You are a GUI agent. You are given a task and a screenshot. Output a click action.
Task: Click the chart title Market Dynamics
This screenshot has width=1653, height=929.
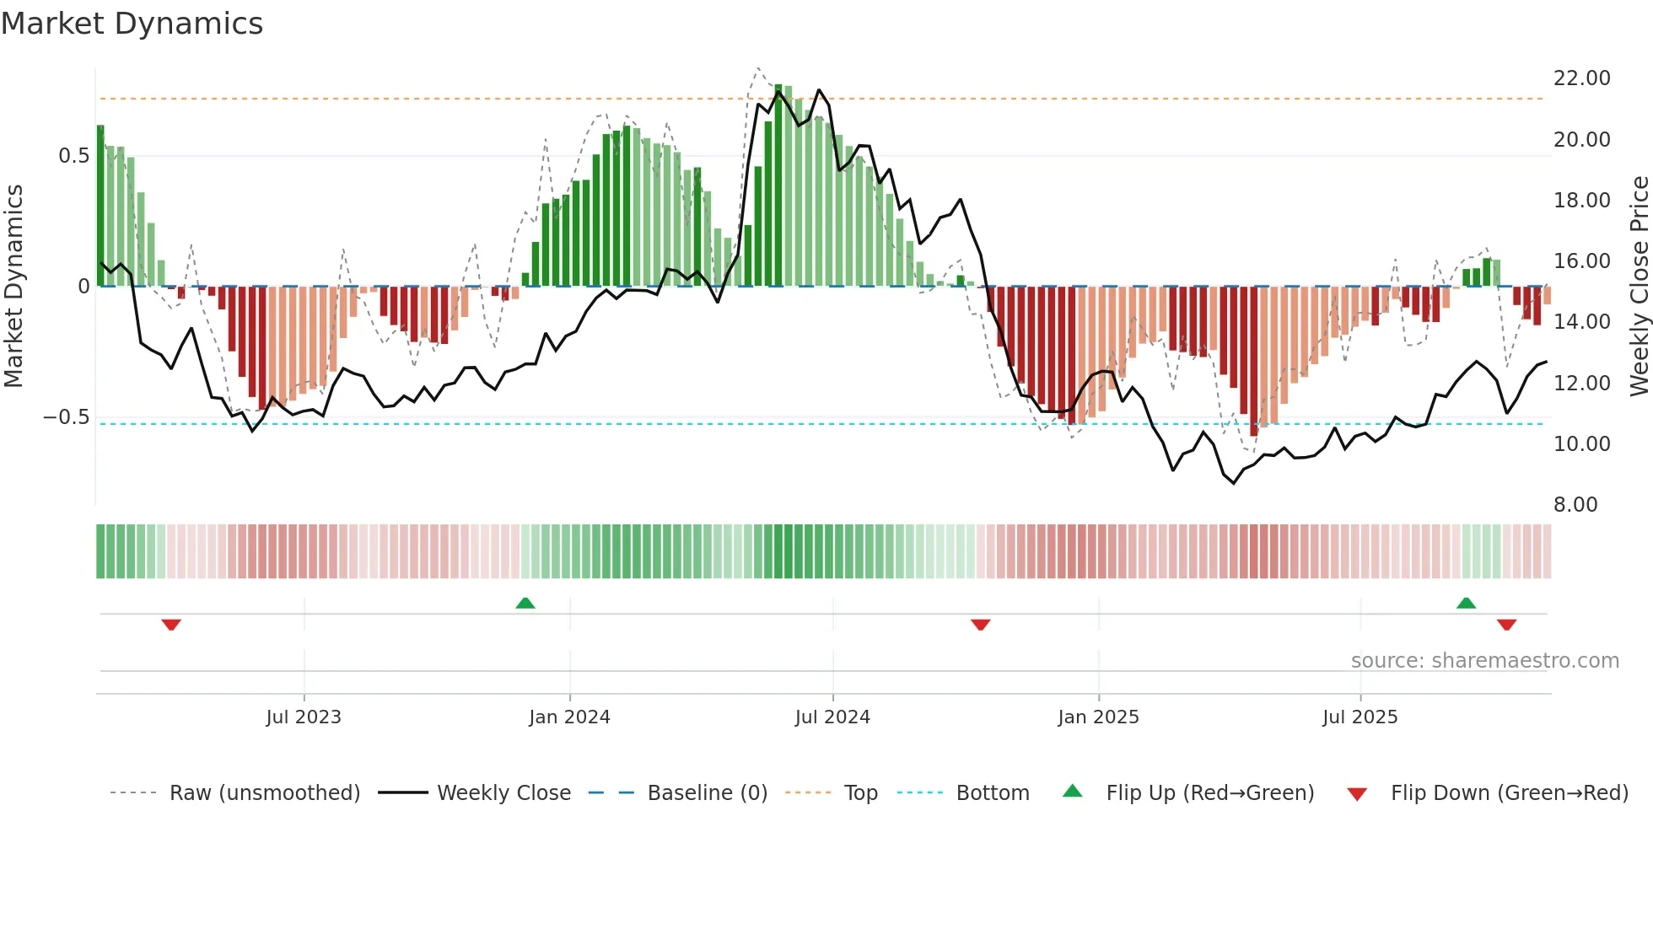click(132, 24)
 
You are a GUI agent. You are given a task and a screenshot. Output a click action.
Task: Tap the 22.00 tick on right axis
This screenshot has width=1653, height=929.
click(1581, 78)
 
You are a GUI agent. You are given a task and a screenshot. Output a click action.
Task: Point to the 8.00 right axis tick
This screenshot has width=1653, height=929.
click(1575, 505)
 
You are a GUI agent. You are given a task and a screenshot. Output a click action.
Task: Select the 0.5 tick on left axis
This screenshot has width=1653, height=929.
click(73, 156)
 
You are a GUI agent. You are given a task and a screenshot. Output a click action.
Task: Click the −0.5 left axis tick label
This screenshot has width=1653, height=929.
click(66, 417)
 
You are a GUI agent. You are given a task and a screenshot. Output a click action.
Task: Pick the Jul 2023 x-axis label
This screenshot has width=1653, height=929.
click(304, 717)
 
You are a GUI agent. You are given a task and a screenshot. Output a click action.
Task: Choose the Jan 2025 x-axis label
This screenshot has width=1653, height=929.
click(1098, 717)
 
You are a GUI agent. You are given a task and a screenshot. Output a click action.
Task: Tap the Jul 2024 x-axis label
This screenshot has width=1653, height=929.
click(832, 717)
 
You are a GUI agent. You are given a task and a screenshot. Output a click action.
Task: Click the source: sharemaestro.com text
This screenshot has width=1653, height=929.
click(1484, 661)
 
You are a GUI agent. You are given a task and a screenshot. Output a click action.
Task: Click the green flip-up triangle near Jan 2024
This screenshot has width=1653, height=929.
click(525, 603)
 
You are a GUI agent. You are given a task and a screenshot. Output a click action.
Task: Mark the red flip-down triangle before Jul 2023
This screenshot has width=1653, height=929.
click(171, 625)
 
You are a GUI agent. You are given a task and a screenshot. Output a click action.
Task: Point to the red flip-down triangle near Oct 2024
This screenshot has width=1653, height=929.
click(980, 625)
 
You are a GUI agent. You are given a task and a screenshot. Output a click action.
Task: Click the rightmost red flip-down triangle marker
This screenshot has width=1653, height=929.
click(1506, 625)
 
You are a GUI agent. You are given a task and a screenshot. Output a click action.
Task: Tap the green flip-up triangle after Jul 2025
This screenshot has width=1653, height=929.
click(1466, 603)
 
